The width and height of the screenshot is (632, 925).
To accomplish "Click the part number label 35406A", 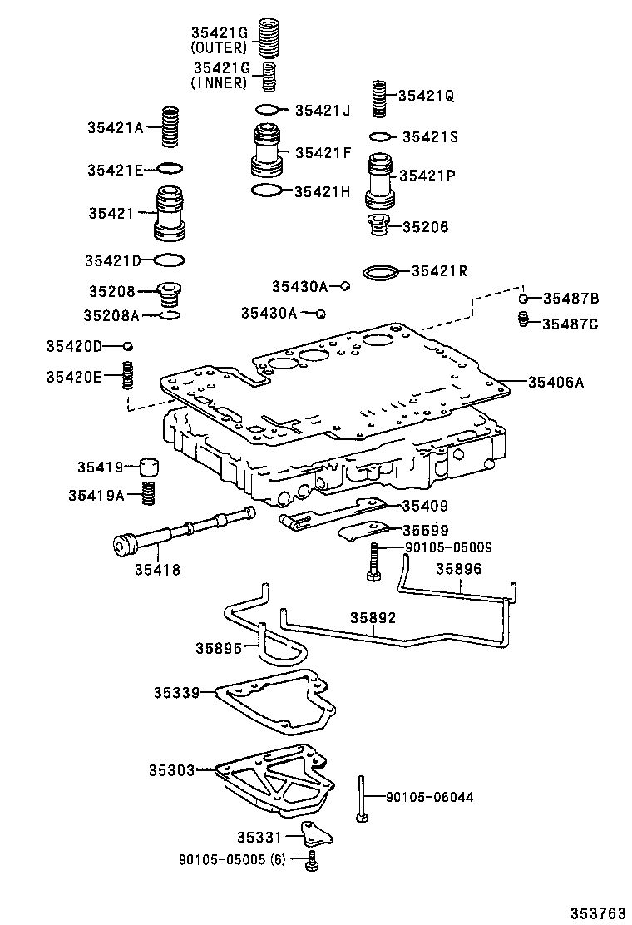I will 555,382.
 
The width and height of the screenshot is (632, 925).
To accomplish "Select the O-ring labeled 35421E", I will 169,169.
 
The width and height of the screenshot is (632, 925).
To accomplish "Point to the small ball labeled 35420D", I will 128,345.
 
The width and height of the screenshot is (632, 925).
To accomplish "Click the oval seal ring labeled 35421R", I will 382,271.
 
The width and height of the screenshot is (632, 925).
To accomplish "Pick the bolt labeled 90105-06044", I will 363,797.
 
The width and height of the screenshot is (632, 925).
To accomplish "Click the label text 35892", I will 373,618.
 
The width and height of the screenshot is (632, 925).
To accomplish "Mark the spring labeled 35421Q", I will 380,98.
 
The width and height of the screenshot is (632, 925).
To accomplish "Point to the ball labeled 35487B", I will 523,298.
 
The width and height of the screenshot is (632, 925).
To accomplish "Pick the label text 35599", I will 425,530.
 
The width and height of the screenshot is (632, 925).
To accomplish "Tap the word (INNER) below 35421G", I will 219,82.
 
